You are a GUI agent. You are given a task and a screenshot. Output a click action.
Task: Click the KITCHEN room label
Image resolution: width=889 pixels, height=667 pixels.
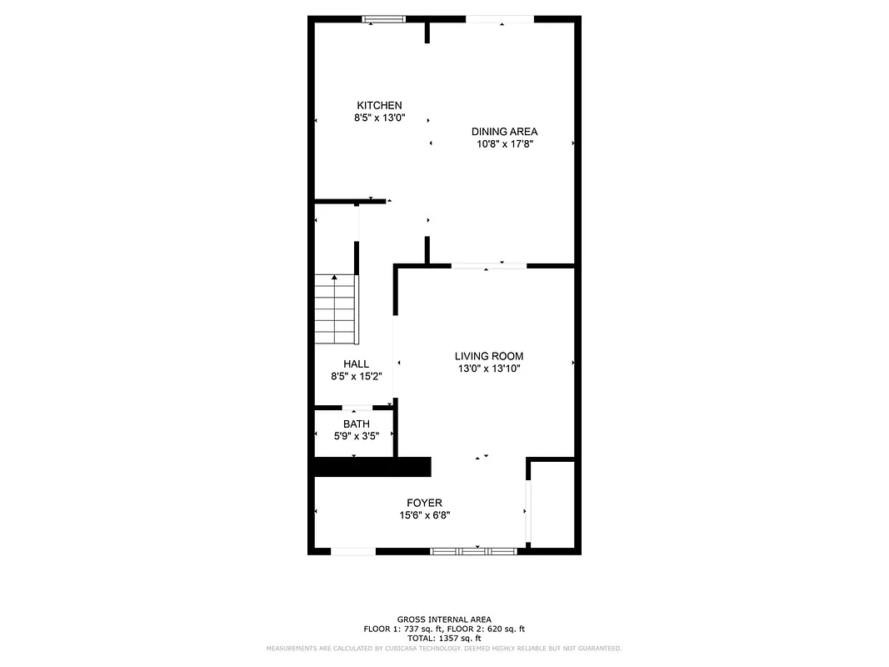pyautogui.click(x=379, y=105)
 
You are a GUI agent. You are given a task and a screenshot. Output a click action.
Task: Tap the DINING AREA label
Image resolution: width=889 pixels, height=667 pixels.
pyautogui.click(x=504, y=131)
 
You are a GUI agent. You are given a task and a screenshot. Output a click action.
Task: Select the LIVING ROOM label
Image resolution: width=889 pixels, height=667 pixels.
pyautogui.click(x=489, y=356)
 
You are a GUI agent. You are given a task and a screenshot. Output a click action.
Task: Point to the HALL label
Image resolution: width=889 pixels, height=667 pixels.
pyautogui.click(x=356, y=364)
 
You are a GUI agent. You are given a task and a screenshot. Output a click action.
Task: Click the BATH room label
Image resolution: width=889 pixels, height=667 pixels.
pyautogui.click(x=356, y=424)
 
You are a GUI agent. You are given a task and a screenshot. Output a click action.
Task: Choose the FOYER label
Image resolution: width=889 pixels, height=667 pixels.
pyautogui.click(x=424, y=503)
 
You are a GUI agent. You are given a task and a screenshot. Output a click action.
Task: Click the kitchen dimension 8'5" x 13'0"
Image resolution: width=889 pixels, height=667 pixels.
pyautogui.click(x=379, y=118)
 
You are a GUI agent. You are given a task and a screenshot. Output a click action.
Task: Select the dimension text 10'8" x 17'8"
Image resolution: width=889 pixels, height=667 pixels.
pyautogui.click(x=504, y=143)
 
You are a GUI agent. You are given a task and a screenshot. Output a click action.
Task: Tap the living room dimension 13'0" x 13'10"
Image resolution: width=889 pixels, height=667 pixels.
pyautogui.click(x=489, y=369)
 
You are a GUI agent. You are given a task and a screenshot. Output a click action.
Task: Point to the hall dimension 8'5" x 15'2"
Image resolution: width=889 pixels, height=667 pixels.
pyautogui.click(x=356, y=376)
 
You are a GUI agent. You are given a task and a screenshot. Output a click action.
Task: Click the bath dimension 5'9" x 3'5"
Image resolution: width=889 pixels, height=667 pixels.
pyautogui.click(x=356, y=435)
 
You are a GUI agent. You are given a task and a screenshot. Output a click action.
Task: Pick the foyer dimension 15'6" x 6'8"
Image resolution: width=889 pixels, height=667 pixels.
pyautogui.click(x=424, y=515)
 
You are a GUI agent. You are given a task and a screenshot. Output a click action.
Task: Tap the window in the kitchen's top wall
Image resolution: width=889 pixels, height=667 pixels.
pyautogui.click(x=383, y=18)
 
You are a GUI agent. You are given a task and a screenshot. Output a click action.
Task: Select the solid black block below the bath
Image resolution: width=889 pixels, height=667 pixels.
pyautogui.click(x=372, y=467)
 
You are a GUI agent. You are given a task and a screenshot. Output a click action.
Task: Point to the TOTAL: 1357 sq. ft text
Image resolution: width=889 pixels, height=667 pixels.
pyautogui.click(x=443, y=638)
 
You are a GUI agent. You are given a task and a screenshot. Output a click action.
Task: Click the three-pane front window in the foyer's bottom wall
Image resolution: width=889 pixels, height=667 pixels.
pyautogui.click(x=473, y=551)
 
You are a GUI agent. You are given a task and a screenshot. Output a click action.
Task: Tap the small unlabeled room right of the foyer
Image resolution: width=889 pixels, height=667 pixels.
pyautogui.click(x=552, y=504)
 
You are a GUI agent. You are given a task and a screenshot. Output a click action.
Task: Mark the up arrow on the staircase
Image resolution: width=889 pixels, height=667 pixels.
pyautogui.click(x=335, y=278)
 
